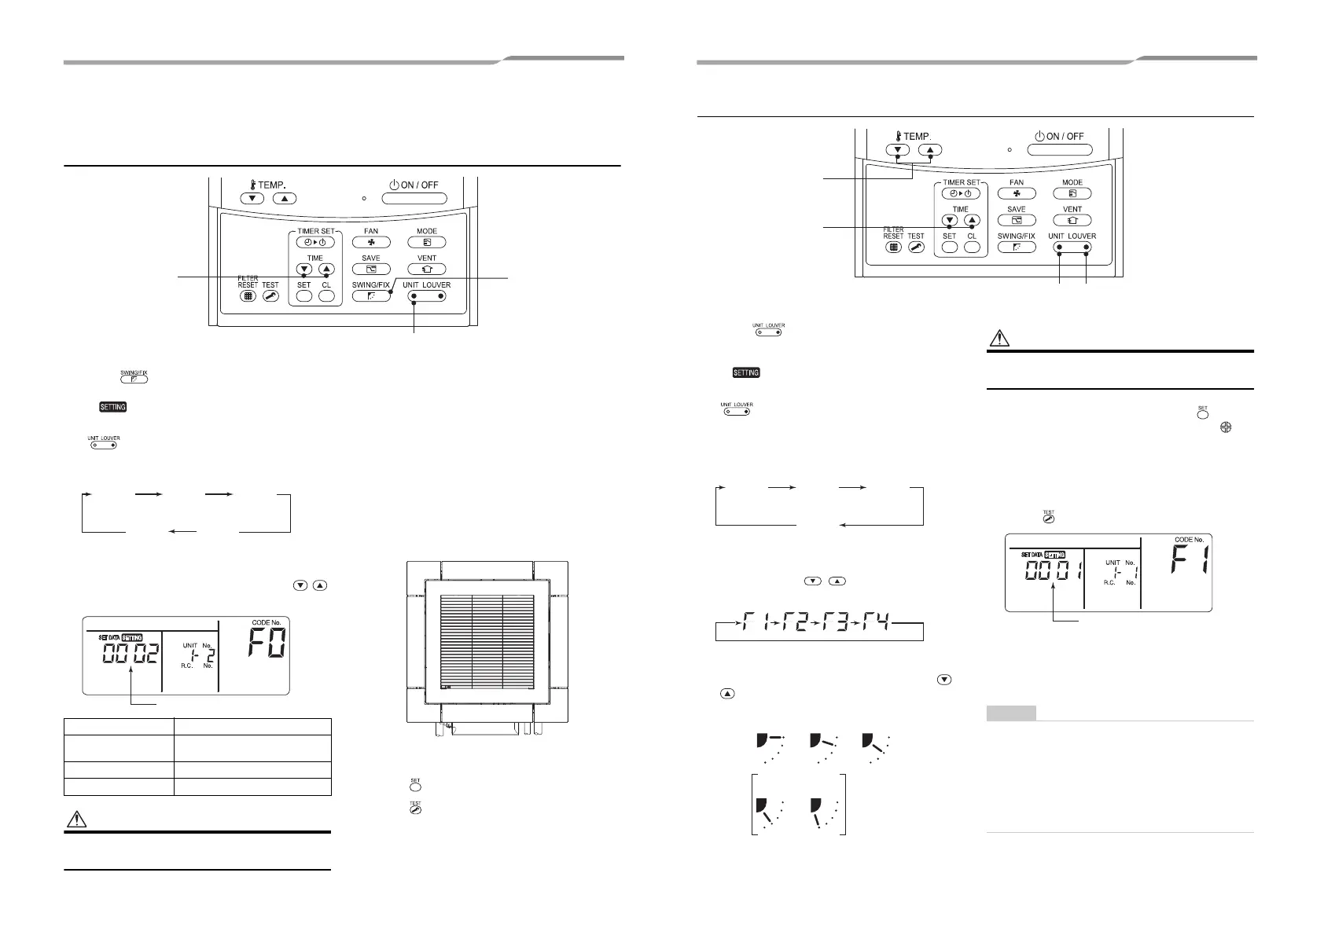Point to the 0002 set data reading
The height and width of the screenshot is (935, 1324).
point(131,653)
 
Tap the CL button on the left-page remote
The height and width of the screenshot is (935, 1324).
point(326,296)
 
